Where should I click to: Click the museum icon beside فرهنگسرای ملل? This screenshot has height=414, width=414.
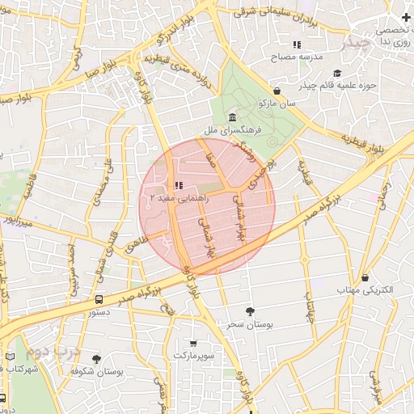pos(233,118)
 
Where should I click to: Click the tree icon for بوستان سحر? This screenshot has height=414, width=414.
pos(249,310)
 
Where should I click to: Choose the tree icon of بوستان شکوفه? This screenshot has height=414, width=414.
pos(97,359)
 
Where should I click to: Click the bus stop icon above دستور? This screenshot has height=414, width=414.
pos(99,298)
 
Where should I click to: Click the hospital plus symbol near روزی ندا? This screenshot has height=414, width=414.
pos(405,18)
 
